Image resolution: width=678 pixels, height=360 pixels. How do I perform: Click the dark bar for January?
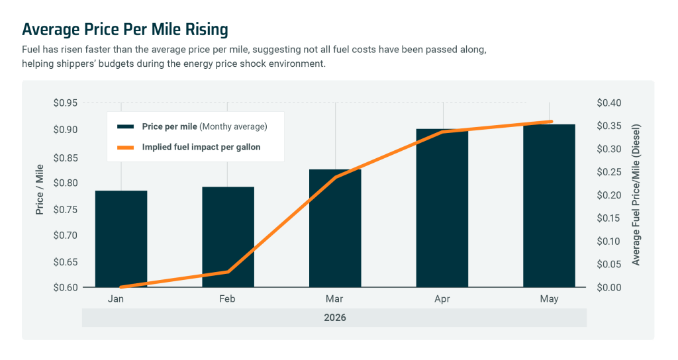[x=121, y=238]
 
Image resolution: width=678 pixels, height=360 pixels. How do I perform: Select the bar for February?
[x=228, y=237]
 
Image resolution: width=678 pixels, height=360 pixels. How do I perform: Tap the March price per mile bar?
[x=335, y=228]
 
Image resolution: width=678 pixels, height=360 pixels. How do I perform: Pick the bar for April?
[x=442, y=208]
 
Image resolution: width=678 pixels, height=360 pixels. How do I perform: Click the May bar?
[x=549, y=206]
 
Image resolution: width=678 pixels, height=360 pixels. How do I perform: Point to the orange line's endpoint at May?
[x=551, y=122]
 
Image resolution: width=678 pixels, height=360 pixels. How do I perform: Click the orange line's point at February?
[x=228, y=271]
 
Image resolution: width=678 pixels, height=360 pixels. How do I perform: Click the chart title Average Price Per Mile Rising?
[x=125, y=29]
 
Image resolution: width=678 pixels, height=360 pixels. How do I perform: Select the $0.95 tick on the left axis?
[x=66, y=103]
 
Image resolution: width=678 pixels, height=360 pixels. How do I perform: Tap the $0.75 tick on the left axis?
[x=66, y=210]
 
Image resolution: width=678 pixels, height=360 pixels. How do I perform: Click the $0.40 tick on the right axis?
[x=609, y=103]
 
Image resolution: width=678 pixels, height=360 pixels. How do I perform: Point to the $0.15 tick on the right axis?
[x=609, y=218]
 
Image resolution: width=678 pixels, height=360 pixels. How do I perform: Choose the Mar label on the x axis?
[x=334, y=298]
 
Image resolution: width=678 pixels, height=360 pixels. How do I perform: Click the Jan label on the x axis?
[x=115, y=298]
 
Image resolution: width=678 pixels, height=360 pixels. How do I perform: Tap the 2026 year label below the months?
[x=334, y=318]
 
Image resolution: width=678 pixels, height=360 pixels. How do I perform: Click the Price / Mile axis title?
[x=39, y=189]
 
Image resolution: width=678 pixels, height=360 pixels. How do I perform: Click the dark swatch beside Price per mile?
[x=125, y=126]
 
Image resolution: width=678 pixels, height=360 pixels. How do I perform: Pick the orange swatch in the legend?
[x=125, y=148]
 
